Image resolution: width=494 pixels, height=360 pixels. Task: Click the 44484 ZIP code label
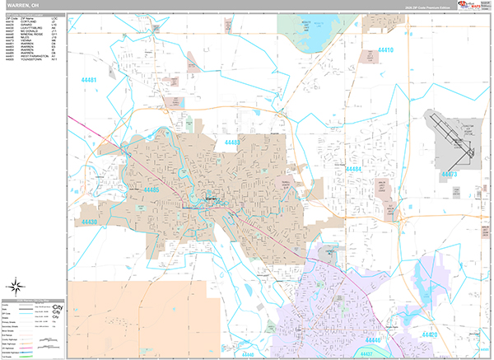[x=353, y=168]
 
